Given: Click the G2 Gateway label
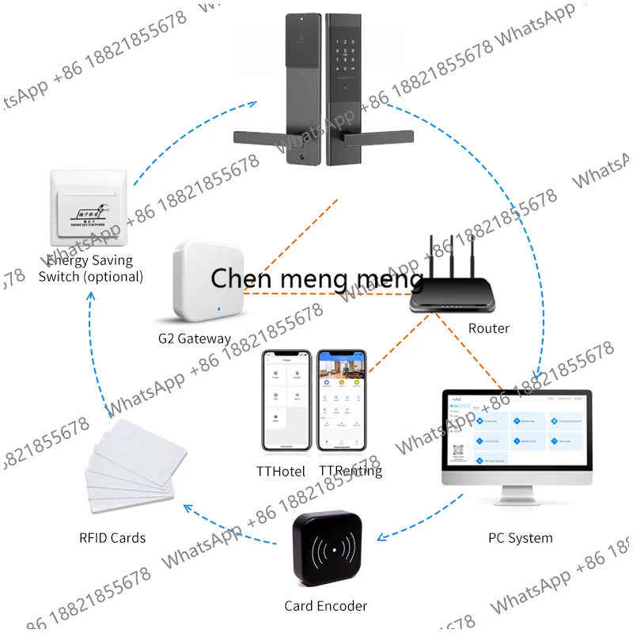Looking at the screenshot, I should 195,339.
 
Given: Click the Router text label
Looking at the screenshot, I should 488,328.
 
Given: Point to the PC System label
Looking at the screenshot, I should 520,538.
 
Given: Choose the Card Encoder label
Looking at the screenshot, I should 326,606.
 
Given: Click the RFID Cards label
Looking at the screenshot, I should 112,538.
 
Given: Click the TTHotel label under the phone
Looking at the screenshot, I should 281,471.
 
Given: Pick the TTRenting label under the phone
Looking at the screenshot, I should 351,471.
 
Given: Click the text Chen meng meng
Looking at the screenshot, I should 316,279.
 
